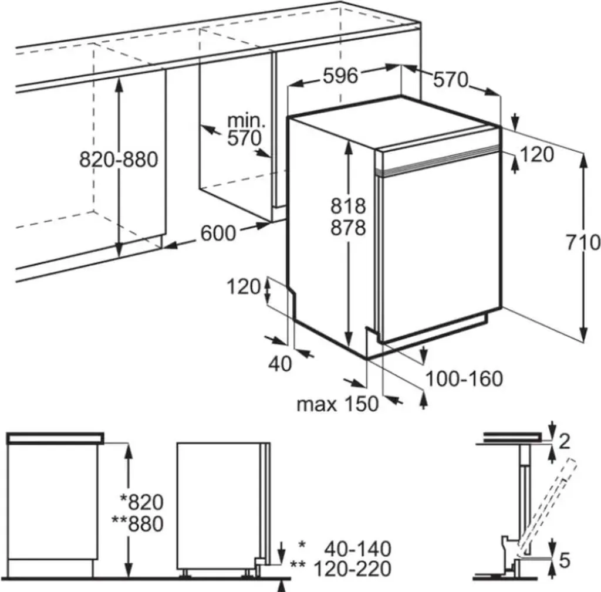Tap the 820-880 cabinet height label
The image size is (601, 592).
coord(119,159)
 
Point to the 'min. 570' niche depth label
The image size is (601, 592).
coord(246,130)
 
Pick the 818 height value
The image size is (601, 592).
coord(348,206)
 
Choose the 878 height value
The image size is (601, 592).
coord(348,228)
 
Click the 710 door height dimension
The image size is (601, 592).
coord(584,242)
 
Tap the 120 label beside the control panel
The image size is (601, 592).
coord(537,154)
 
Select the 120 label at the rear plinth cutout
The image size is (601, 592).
coord(244,287)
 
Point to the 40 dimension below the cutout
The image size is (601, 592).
coord(279,364)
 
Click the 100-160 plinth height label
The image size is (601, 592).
coord(464,379)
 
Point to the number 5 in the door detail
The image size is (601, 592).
coord(564,560)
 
